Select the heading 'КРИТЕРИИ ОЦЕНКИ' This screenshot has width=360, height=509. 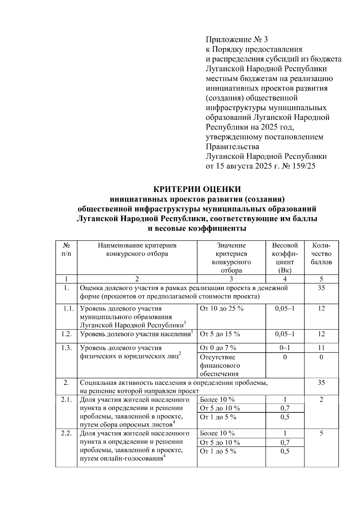pos(197,189)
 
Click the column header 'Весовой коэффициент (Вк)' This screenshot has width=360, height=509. pos(285,258)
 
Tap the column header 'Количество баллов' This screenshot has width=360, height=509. pos(321,254)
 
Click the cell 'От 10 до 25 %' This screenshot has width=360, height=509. pos(222,309)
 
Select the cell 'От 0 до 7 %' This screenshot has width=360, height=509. pos(218,348)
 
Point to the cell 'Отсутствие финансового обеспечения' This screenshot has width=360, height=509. pos(220,365)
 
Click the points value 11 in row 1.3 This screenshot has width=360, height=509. pos(321,348)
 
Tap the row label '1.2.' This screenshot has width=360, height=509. pos(66,334)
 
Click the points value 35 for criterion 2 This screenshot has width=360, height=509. pos(321,383)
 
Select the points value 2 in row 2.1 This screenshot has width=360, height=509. pos(321,400)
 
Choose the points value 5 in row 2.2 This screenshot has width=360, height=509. pos(321,433)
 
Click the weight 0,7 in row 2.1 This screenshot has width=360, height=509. pos(285,408)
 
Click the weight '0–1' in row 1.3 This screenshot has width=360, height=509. pos(285,348)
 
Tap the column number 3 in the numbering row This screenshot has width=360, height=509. pos(231,279)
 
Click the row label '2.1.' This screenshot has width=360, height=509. pos(66,400)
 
